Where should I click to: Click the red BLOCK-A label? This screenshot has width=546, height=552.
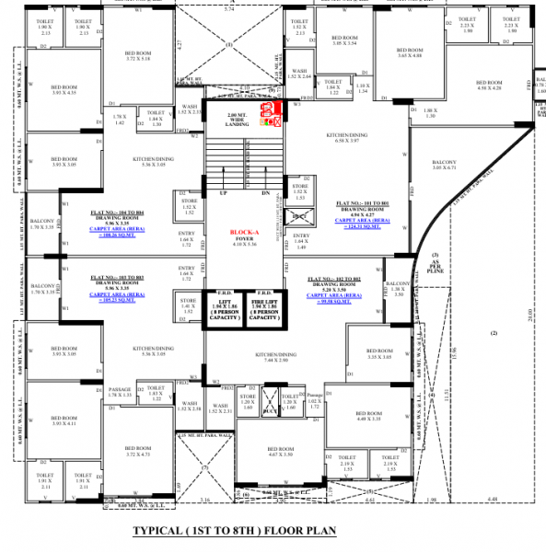point(244,234)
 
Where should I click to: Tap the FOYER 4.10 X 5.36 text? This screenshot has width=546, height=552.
point(244,243)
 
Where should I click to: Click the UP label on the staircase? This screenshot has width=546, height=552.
point(222,193)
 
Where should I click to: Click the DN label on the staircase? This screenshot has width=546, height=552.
point(264,193)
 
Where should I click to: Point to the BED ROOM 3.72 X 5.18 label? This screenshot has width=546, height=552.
point(120,55)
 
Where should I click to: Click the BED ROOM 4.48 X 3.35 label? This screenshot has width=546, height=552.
point(366,417)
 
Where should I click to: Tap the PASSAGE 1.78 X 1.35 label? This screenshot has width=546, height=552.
point(121,391)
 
